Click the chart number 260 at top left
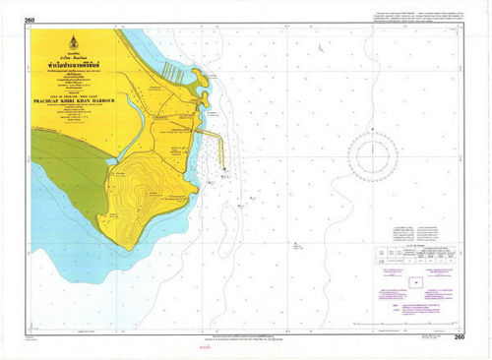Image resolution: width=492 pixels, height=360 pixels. coord(30,20)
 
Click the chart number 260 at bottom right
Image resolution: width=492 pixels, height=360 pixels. coord(459,337)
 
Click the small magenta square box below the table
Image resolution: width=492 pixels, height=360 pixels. coord(415,282)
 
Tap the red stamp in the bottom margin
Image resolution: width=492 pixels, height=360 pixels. coord(205,347)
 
